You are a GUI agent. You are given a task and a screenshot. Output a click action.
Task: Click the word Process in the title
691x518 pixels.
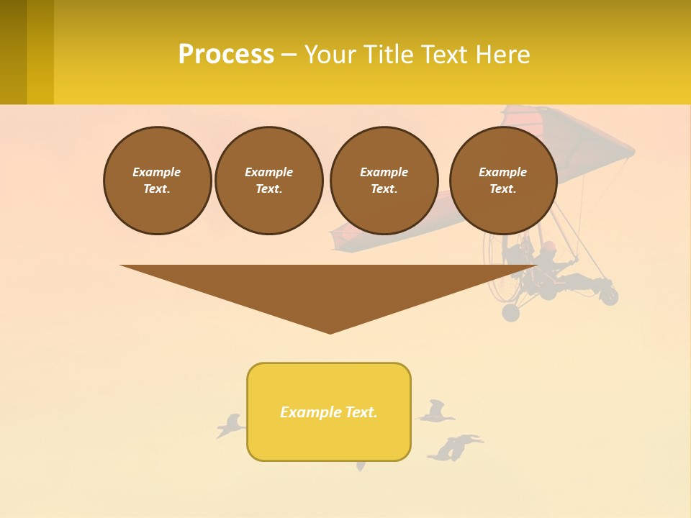point(226,55)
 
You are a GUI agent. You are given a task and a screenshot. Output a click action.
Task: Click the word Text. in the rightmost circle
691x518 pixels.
point(502,189)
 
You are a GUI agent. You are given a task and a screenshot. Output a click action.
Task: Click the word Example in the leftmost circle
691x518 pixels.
point(156,172)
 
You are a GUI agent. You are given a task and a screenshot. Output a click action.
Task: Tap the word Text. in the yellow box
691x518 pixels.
point(361,412)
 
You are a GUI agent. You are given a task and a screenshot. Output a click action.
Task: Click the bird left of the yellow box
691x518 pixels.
point(230,426)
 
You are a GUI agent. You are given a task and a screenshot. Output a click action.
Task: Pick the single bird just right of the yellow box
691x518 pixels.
point(435,412)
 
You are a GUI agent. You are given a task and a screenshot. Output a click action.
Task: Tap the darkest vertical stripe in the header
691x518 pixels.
point(13,52)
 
